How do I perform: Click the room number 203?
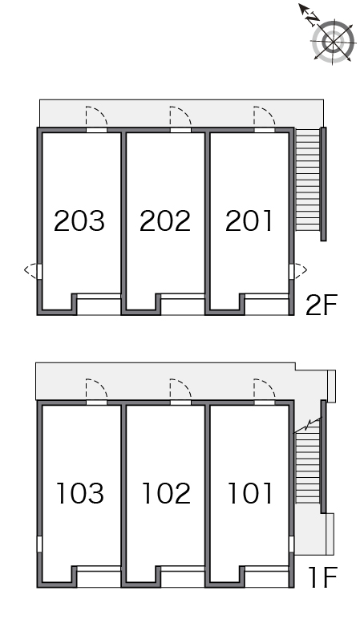[79, 220]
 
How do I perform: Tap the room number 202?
[165, 220]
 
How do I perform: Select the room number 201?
[249, 220]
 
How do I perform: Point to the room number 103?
[80, 493]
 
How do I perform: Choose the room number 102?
[166, 493]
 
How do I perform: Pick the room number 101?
[250, 493]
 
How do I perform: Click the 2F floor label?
[322, 305]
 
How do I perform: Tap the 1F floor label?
[323, 577]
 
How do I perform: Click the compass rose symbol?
[334, 42]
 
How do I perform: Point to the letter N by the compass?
[313, 18]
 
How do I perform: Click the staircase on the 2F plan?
[308, 180]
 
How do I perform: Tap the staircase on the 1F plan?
[308, 467]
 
